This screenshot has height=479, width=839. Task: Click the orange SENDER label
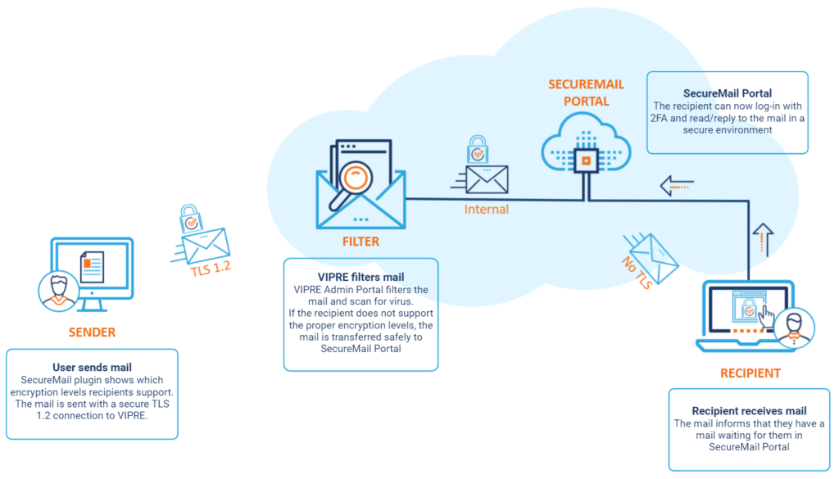click(x=92, y=332)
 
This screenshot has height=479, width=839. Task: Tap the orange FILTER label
click(x=361, y=242)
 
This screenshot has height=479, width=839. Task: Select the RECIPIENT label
click(x=751, y=373)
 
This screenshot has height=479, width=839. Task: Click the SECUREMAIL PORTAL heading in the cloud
click(x=586, y=93)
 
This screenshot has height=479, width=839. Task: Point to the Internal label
click(x=487, y=209)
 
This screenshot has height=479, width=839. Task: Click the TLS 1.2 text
click(x=211, y=269)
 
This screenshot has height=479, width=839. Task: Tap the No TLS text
click(x=637, y=273)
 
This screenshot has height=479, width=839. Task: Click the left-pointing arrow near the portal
click(x=677, y=186)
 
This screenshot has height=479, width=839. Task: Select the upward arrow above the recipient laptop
click(x=763, y=239)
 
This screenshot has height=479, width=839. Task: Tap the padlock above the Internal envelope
click(x=478, y=149)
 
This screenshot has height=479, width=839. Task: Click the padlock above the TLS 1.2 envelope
click(x=190, y=218)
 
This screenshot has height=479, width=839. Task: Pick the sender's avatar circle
click(x=58, y=291)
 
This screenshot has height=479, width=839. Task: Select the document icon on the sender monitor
click(x=92, y=267)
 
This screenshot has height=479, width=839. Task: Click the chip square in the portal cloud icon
click(x=586, y=160)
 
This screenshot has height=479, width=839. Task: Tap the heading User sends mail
click(x=92, y=368)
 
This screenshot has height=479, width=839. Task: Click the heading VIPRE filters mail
click(x=361, y=277)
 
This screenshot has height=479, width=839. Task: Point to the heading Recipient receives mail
click(x=749, y=410)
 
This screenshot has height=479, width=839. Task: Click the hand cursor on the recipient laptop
click(x=766, y=317)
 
